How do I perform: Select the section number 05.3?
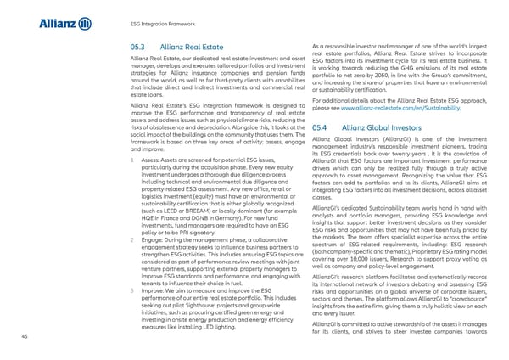(x=137, y=47)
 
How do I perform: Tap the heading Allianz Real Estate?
(x=192, y=47)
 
